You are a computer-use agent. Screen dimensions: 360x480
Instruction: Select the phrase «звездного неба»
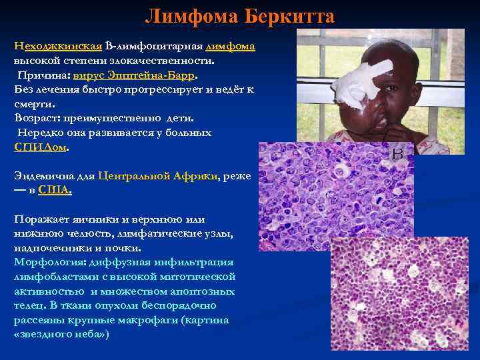[x=61, y=334]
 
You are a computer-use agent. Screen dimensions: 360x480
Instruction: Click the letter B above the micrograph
[x=398, y=154]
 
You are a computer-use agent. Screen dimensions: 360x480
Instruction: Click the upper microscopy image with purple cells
[x=333, y=193]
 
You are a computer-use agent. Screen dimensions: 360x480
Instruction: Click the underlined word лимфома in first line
[x=231, y=46]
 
